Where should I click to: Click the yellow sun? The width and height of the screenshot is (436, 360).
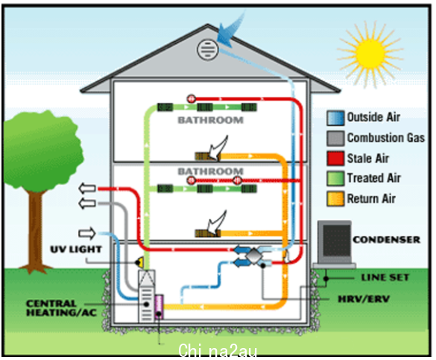(370, 54)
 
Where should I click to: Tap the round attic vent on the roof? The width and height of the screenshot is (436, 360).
(207, 49)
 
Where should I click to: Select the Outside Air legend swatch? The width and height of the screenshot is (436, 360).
(335, 118)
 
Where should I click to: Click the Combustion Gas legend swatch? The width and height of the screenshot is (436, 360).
(335, 138)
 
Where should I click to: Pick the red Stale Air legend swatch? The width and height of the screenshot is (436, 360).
(335, 158)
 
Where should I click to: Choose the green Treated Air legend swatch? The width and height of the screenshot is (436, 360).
(335, 178)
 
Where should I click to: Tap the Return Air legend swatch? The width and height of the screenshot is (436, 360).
(335, 199)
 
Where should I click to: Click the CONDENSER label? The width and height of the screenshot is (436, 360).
(387, 240)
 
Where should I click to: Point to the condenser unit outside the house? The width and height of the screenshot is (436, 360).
(335, 244)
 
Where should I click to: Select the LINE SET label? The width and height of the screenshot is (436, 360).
(385, 277)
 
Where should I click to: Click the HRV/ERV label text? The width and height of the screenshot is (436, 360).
(364, 299)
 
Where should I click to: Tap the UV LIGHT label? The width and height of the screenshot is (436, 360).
(76, 250)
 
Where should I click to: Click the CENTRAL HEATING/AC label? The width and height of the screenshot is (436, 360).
(61, 308)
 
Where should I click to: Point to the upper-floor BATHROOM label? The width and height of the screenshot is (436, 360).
(210, 120)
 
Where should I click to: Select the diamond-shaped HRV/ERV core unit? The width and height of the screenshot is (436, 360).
(253, 256)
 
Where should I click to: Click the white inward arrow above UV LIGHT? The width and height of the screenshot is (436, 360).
(87, 233)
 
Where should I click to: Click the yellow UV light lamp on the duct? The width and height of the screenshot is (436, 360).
(140, 262)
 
